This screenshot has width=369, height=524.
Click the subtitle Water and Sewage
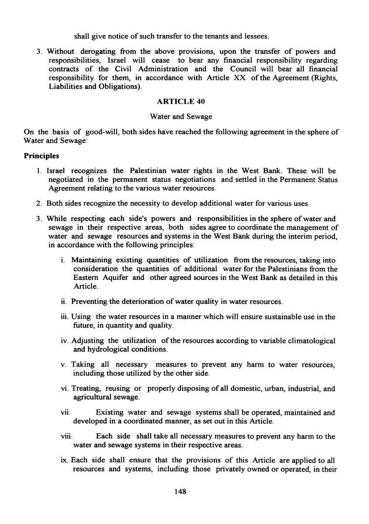click(181, 117)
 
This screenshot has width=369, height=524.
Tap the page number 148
click(181, 491)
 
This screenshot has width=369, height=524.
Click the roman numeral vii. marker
click(65, 413)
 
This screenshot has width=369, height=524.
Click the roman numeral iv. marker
click(64, 340)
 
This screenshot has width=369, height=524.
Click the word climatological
click(311, 340)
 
